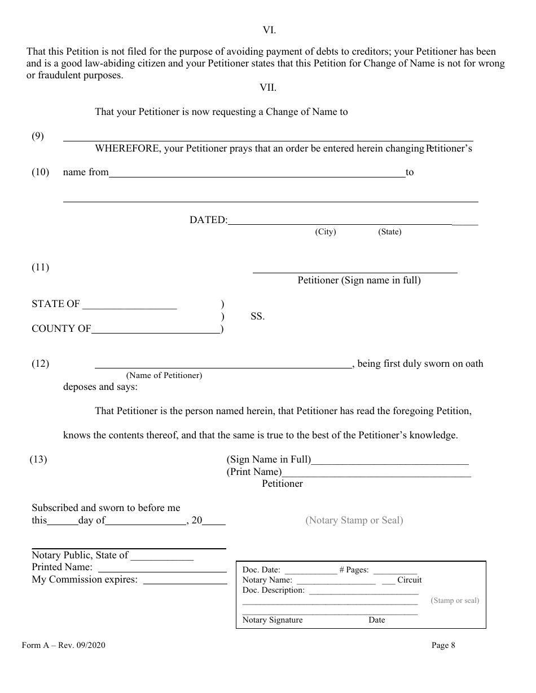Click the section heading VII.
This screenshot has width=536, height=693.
pyautogui.click(x=267, y=87)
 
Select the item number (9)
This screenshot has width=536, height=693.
pyautogui.click(x=38, y=136)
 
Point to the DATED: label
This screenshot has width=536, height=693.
pyautogui.click(x=208, y=220)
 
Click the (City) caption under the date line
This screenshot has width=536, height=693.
pyautogui.click(x=326, y=232)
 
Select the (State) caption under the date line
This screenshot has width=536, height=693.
pyautogui.click(x=390, y=232)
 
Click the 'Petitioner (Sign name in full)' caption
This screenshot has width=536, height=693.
pyautogui.click(x=359, y=280)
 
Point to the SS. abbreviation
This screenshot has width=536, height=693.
pyautogui.click(x=257, y=317)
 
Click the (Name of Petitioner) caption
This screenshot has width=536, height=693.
pyautogui.click(x=164, y=375)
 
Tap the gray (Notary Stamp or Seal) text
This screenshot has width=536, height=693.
pyautogui.click(x=354, y=521)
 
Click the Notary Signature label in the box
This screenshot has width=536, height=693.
pyautogui.click(x=273, y=620)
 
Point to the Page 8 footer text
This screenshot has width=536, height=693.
pyautogui.click(x=443, y=646)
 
